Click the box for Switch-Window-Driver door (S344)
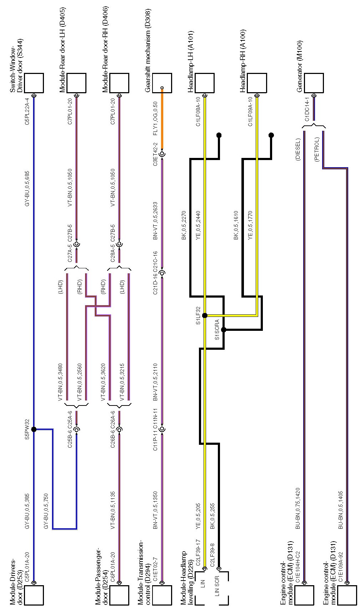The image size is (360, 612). (34, 83)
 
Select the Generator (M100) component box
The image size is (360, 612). (314, 83)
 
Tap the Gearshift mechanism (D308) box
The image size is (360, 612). (162, 83)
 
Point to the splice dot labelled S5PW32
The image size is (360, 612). (34, 429)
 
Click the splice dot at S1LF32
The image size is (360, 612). (205, 315)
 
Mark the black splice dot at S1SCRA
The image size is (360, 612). (224, 330)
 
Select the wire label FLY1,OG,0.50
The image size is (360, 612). (155, 121)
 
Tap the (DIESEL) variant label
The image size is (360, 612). (298, 150)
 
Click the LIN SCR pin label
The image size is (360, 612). (217, 586)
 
